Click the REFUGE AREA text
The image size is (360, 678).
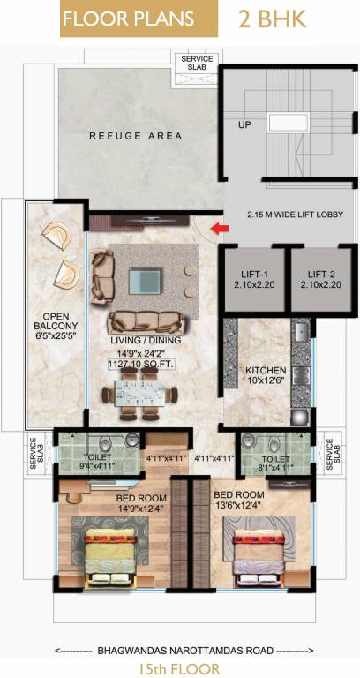click(136, 136)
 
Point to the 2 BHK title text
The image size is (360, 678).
click(273, 19)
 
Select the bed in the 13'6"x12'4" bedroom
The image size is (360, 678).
click(261, 555)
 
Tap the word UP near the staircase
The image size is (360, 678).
click(244, 125)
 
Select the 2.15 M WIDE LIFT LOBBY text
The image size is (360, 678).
click(291, 215)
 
